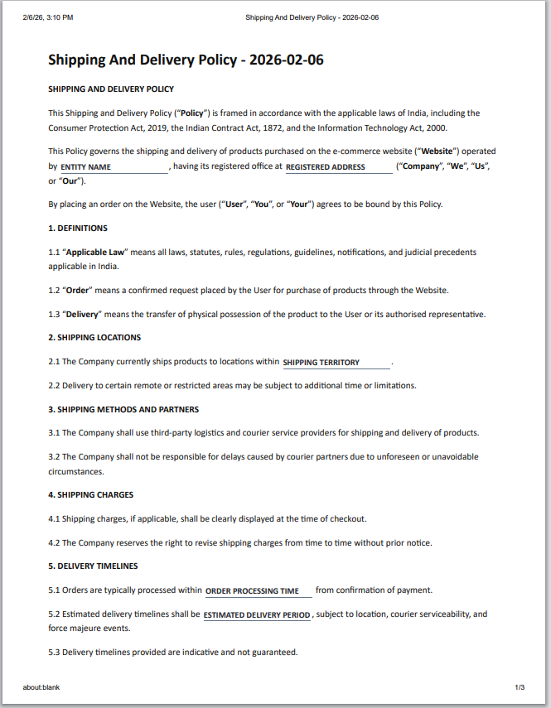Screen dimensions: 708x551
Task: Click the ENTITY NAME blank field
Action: tap(114, 167)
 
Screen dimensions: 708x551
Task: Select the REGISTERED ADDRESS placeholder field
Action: tap(338, 167)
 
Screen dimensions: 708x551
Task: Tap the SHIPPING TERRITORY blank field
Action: tap(336, 363)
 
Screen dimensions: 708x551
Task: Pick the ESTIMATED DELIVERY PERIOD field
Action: tap(257, 615)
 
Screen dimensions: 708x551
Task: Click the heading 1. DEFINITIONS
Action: tap(78, 228)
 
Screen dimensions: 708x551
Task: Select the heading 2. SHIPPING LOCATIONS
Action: tap(94, 338)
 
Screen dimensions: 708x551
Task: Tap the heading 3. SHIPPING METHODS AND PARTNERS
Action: tap(123, 409)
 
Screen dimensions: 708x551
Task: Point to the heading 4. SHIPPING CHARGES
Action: tap(90, 495)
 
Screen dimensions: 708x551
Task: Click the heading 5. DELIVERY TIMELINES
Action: tap(93, 566)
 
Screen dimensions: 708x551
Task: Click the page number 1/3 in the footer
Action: tap(520, 687)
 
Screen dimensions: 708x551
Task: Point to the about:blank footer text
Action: tap(41, 687)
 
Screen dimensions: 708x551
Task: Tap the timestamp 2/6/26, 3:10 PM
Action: tap(48, 17)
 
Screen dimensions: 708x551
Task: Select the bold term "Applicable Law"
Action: tap(94, 252)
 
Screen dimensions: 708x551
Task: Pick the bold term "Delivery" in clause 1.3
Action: tap(83, 315)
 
